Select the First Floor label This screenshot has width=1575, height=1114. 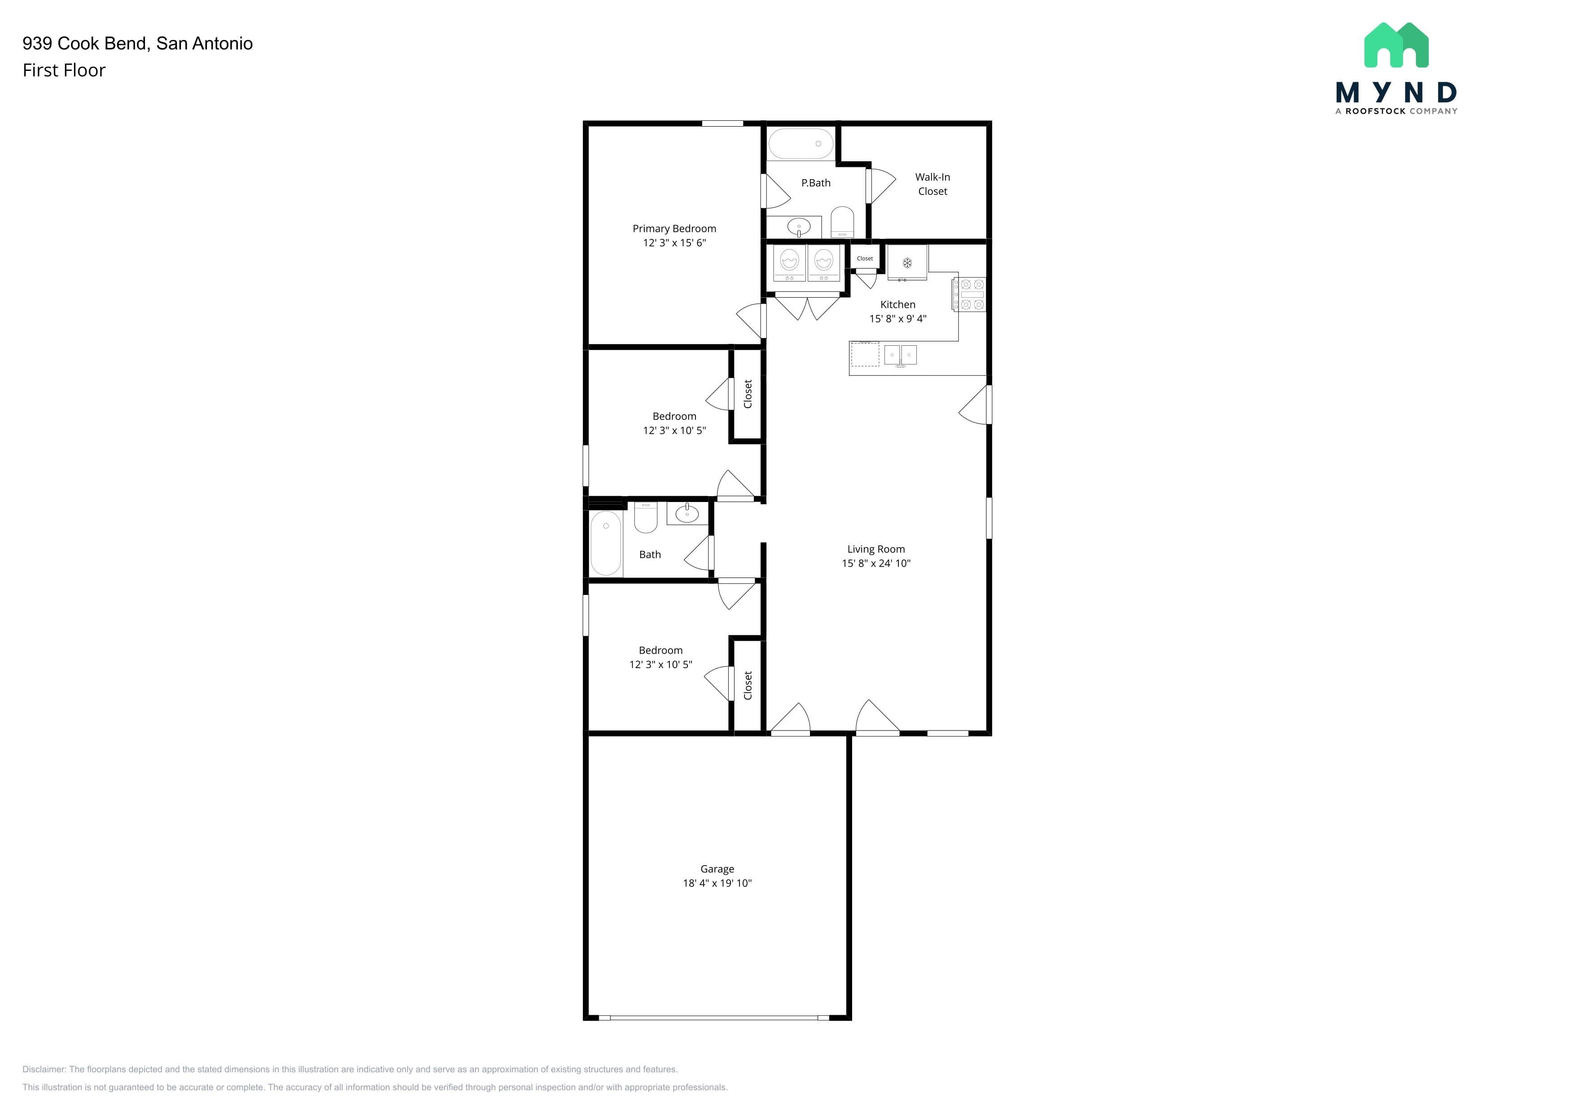[64, 70]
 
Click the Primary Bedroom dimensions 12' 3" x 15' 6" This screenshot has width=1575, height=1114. [674, 243]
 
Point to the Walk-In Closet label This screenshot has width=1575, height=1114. [933, 184]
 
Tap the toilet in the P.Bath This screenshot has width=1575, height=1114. [842, 222]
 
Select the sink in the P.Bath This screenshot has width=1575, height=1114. [798, 226]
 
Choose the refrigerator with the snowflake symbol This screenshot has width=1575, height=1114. [907, 263]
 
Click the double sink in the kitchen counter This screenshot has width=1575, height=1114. [900, 355]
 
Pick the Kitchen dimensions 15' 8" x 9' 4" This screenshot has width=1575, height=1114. [898, 319]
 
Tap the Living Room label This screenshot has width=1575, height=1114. [876, 549]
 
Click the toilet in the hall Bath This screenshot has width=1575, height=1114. [646, 517]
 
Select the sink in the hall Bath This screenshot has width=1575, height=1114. [686, 513]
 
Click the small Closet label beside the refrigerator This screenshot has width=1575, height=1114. [865, 259]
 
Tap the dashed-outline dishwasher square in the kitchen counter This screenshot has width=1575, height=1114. [865, 354]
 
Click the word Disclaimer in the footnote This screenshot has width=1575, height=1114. [44, 1070]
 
